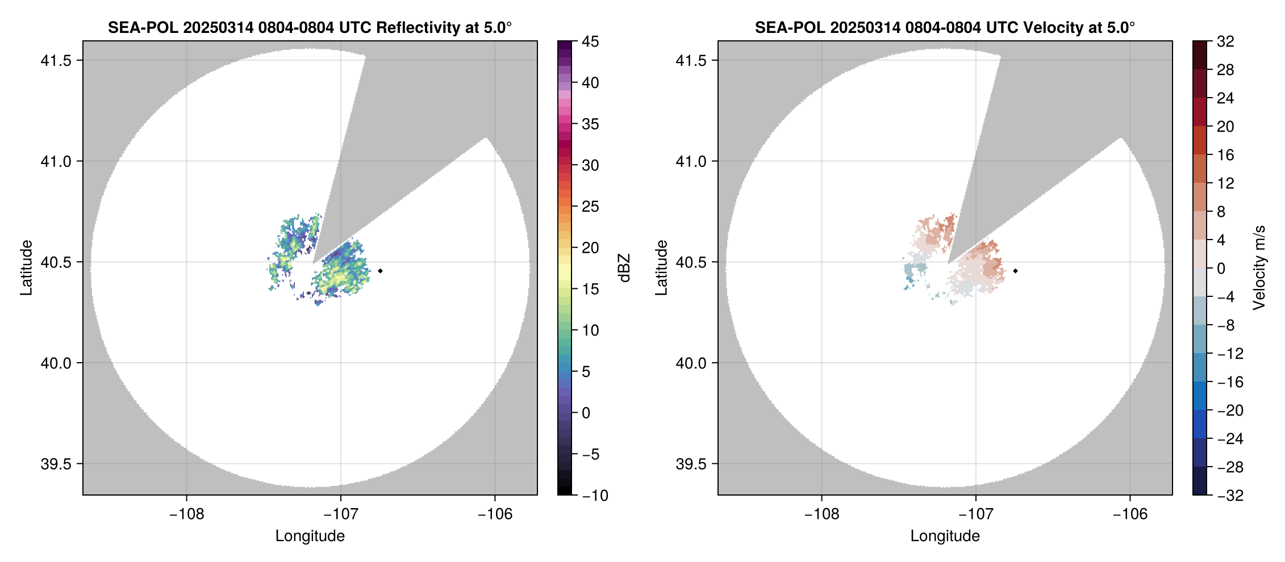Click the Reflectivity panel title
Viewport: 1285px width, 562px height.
pyautogui.click(x=310, y=27)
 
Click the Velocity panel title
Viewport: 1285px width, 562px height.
pyautogui.click(x=945, y=27)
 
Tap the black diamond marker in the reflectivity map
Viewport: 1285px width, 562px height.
pyautogui.click(x=380, y=271)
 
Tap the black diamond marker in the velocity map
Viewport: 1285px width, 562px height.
pyautogui.click(x=1015, y=271)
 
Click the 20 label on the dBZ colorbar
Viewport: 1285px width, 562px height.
pyautogui.click(x=590, y=248)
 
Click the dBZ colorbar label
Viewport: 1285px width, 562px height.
pyautogui.click(x=625, y=268)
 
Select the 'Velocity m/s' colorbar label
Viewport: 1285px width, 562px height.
pyautogui.click(x=1259, y=267)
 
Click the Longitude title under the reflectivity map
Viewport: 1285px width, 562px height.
pyautogui.click(x=310, y=536)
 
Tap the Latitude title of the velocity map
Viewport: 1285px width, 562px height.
pyautogui.click(x=661, y=267)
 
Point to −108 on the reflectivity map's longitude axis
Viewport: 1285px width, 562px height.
pyautogui.click(x=186, y=514)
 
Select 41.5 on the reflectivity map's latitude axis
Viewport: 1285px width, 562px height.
pyautogui.click(x=56, y=61)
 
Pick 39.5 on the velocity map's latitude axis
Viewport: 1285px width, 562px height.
pyautogui.click(x=691, y=464)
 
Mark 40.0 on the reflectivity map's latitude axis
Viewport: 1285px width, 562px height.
pyautogui.click(x=56, y=363)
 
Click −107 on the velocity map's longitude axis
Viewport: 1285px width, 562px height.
pyautogui.click(x=975, y=514)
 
